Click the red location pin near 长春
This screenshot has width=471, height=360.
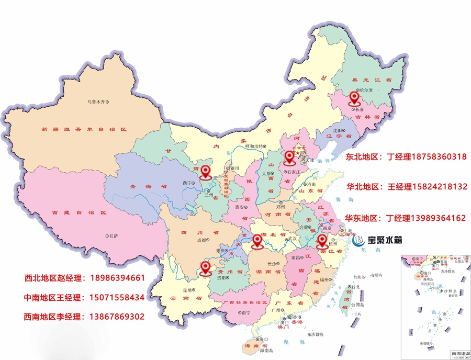tap(355, 97)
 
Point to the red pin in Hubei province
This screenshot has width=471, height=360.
tap(257, 241)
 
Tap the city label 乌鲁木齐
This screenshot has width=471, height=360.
tap(99, 102)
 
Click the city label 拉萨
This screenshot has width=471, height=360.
tap(115, 237)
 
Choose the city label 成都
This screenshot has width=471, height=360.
tap(202, 241)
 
